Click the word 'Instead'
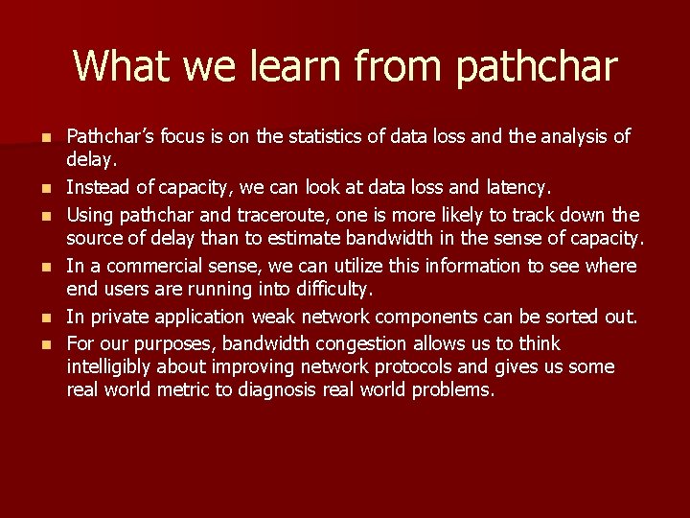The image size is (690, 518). coord(99,188)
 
